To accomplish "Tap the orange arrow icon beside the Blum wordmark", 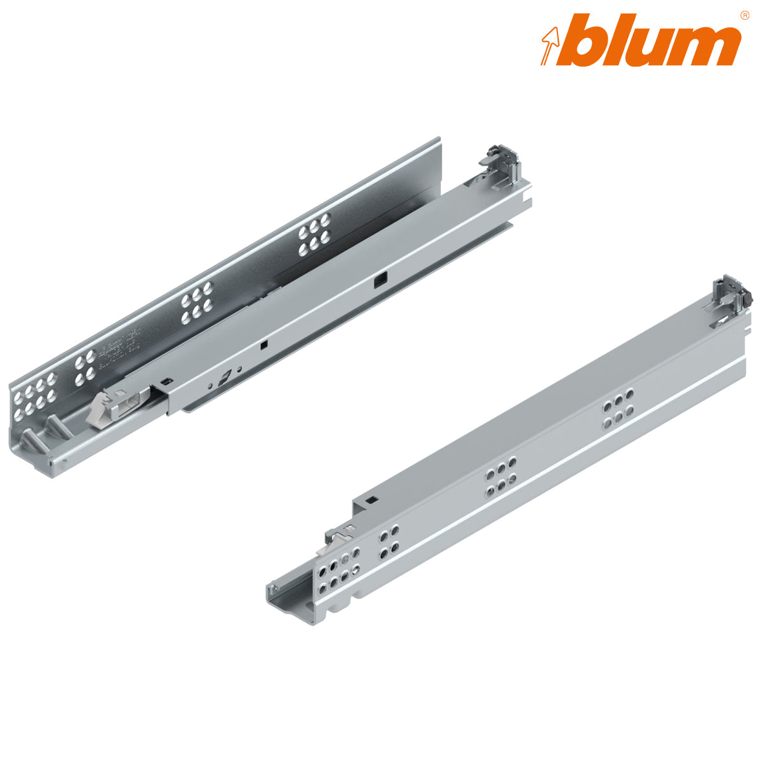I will (x=549, y=42).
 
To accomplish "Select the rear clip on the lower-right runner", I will (x=730, y=293).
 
